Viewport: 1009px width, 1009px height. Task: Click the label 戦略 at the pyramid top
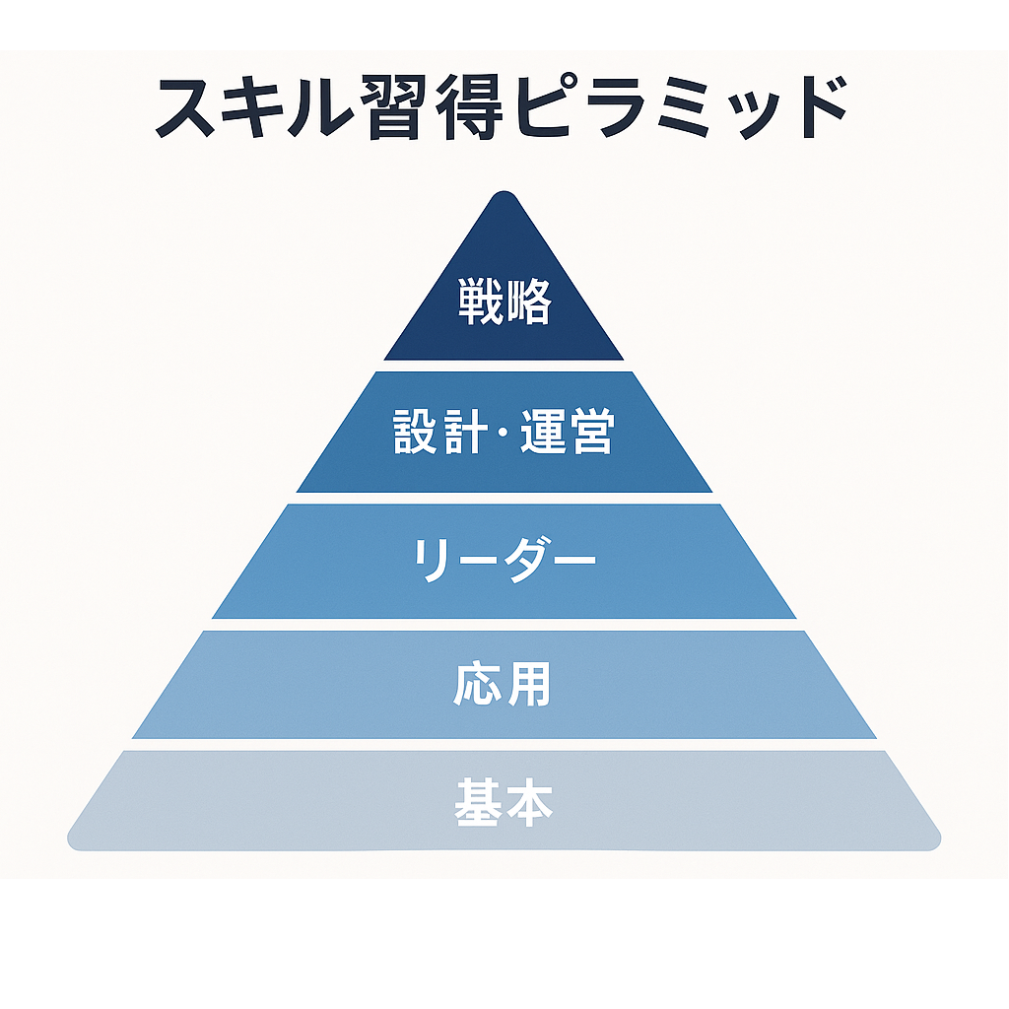coord(504,302)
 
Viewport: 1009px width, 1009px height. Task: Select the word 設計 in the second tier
coord(437,432)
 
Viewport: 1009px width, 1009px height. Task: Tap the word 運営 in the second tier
coord(567,432)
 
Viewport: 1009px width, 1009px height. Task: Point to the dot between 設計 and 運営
coord(502,432)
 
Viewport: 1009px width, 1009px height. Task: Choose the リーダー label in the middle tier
coord(504,560)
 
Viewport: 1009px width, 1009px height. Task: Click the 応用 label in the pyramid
coord(503,684)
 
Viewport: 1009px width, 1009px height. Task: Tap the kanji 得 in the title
coord(469,106)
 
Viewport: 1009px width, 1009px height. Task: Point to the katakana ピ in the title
coord(545,105)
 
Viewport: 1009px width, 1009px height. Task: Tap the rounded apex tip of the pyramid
coord(504,192)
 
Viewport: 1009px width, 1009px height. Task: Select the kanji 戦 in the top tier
coord(481,302)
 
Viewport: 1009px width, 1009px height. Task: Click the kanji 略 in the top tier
coord(529,302)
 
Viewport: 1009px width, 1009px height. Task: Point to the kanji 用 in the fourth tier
coord(529,684)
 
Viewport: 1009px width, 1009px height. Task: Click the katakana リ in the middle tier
coord(428,561)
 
